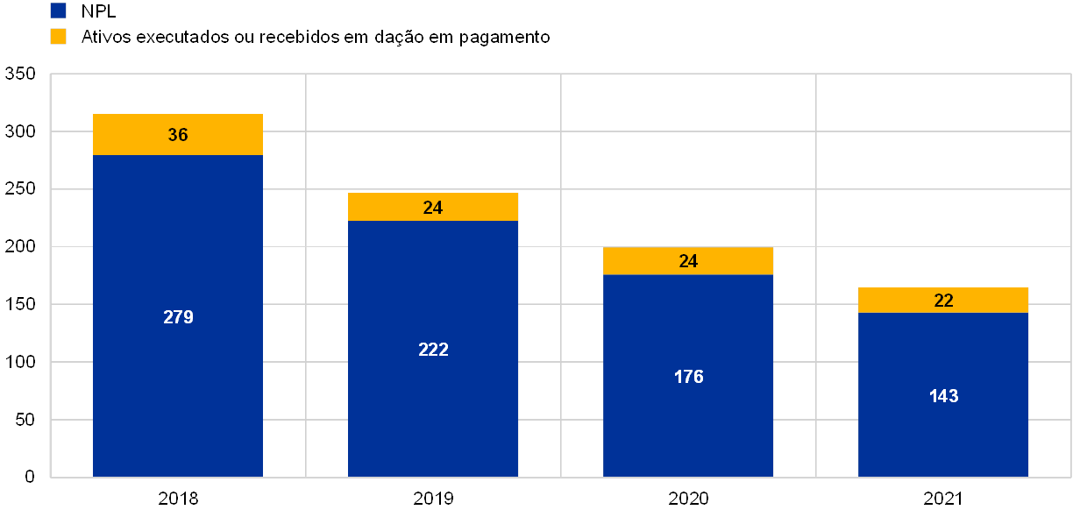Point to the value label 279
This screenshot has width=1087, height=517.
pos(178,317)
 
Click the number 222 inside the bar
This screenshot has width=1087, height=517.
pos(433,350)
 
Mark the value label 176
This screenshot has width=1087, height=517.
pos(688,377)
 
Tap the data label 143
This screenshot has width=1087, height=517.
pos(943,396)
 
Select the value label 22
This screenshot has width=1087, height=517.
pos(943,301)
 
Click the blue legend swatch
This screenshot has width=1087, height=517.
pos(59,11)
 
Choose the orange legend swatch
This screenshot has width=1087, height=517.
pos(59,37)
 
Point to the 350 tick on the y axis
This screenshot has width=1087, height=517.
pos(20,74)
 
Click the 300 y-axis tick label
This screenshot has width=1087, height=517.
pos(20,131)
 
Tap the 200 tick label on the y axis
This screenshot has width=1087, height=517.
pos(20,247)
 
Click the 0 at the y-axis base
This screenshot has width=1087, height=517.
pos(31,477)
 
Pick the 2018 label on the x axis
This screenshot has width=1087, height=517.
pos(178,499)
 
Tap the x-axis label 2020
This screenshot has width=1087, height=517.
pos(688,499)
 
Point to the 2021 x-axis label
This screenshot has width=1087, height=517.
pos(943,499)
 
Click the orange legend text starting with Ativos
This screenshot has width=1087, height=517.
pos(316,37)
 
